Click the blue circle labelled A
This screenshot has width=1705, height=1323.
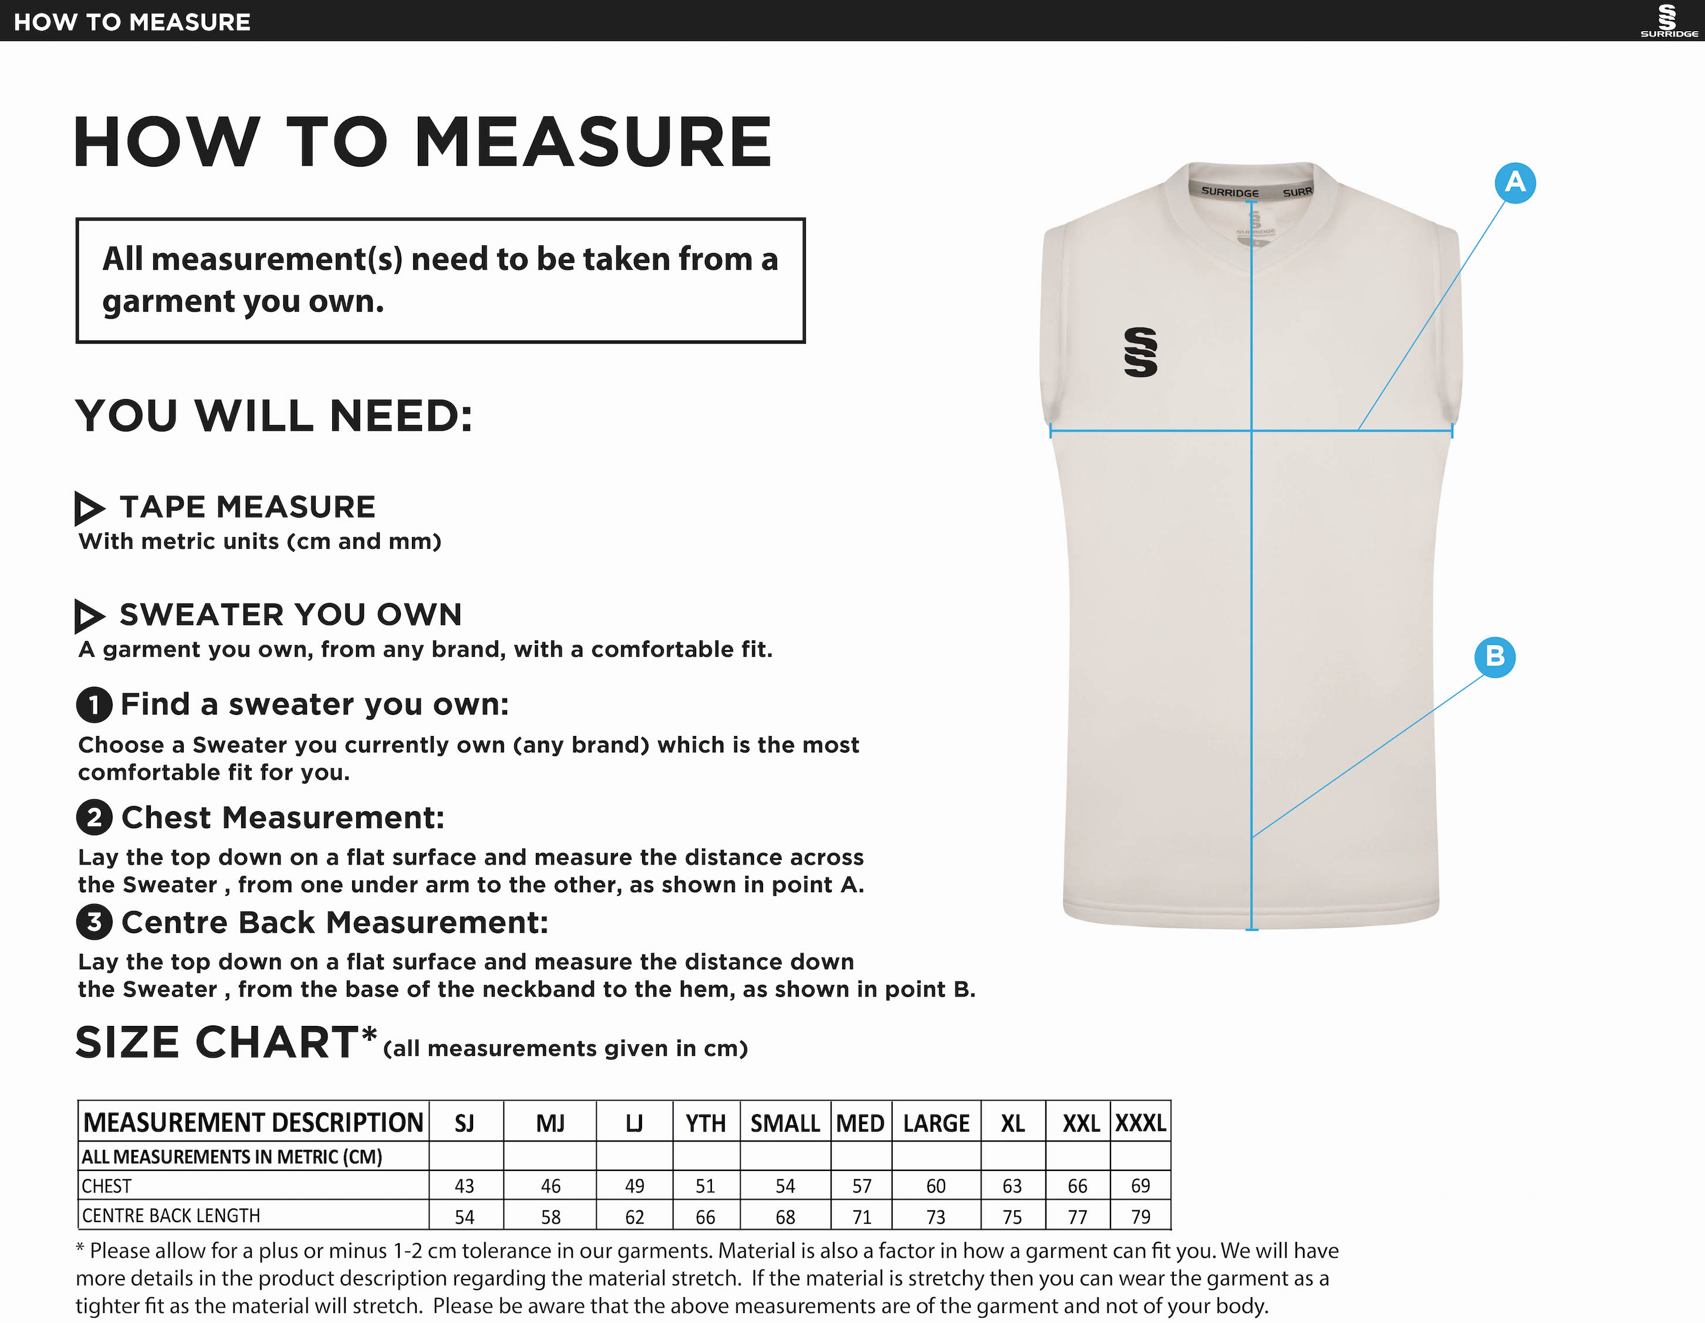click(1514, 183)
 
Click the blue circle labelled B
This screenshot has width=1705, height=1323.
click(1494, 656)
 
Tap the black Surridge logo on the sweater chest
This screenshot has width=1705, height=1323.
click(1140, 352)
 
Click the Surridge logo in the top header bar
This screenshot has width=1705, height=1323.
click(1667, 21)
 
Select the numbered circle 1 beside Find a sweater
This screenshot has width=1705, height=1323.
click(94, 705)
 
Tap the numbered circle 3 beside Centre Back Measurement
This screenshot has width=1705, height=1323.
click(94, 922)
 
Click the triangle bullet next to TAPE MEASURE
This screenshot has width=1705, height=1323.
click(88, 508)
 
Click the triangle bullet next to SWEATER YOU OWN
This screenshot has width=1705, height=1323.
click(88, 616)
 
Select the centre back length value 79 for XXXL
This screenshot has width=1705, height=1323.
click(1140, 1216)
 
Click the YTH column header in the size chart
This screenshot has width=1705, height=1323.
click(705, 1123)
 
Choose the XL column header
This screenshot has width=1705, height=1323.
click(1012, 1123)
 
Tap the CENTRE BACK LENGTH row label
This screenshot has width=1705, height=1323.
click(171, 1215)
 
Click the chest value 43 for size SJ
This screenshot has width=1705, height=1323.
click(464, 1186)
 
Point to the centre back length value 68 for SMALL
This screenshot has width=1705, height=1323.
click(785, 1216)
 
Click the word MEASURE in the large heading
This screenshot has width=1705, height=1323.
click(593, 142)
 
